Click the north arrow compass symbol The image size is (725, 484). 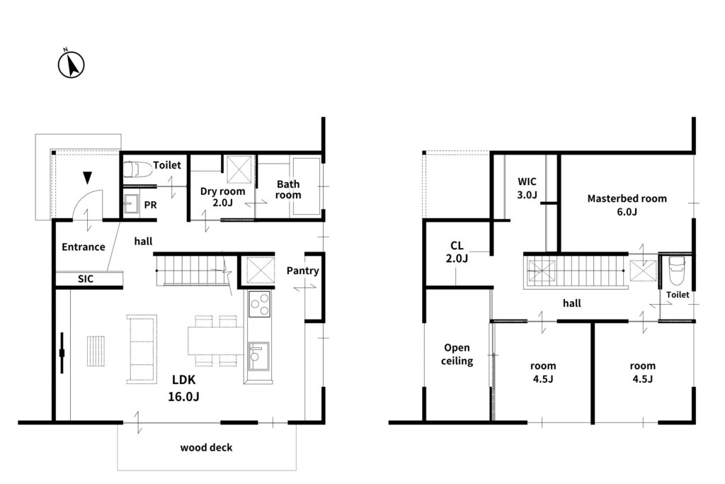pyautogui.click(x=72, y=64)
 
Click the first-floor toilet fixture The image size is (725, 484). pyautogui.click(x=138, y=169)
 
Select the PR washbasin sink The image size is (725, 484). pyautogui.click(x=131, y=203)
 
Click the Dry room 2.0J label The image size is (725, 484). pyautogui.click(x=222, y=197)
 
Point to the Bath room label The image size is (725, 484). pyautogui.click(x=288, y=189)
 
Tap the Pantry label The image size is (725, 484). pyautogui.click(x=302, y=271)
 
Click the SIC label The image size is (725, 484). pyautogui.click(x=86, y=278)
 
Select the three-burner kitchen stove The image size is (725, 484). pyautogui.click(x=259, y=304)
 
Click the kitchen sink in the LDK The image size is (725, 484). pyautogui.click(x=258, y=356)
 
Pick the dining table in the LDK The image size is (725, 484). pyautogui.click(x=215, y=341)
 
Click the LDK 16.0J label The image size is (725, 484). pyautogui.click(x=183, y=388)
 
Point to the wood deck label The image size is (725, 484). pyautogui.click(x=206, y=447)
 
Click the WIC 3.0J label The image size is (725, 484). pyautogui.click(x=527, y=188)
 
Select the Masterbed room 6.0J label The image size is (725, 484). pyautogui.click(x=627, y=205)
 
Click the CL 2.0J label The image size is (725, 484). pyautogui.click(x=457, y=252)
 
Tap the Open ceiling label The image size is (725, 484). pyautogui.click(x=457, y=354)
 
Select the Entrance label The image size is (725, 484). pyautogui.click(x=84, y=247)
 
